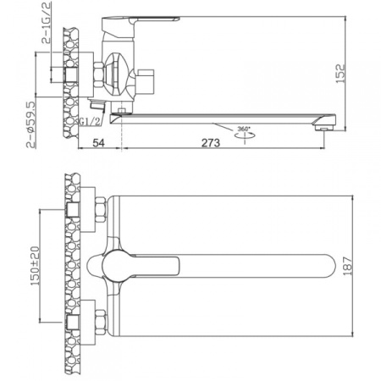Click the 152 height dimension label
pos(340,74)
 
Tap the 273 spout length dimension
pos(211,143)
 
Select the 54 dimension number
pos(98,143)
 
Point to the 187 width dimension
pos(348,266)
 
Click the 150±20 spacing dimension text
pos(36,266)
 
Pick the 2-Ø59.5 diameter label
pos(31,124)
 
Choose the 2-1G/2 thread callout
pos(47,23)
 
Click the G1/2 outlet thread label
pos(90,122)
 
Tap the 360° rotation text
pos(244,129)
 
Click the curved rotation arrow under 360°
pos(245,135)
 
